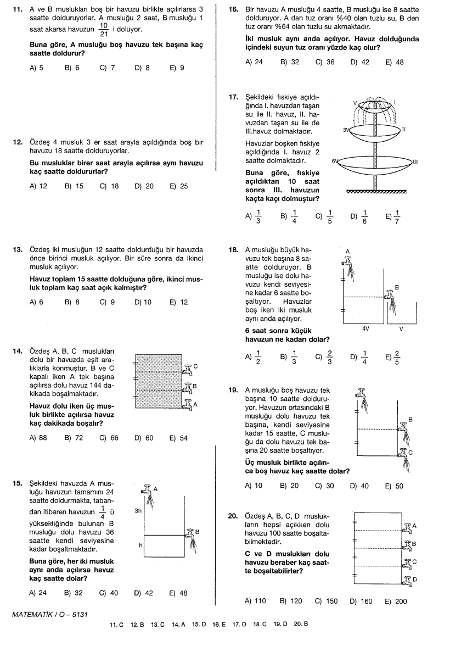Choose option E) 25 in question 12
[x=178, y=186]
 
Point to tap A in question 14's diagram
[x=189, y=405]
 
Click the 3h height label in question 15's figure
[x=138, y=510]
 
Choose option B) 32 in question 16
[x=289, y=62]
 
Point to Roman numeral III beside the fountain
[x=415, y=161]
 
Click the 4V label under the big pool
[x=365, y=328]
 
